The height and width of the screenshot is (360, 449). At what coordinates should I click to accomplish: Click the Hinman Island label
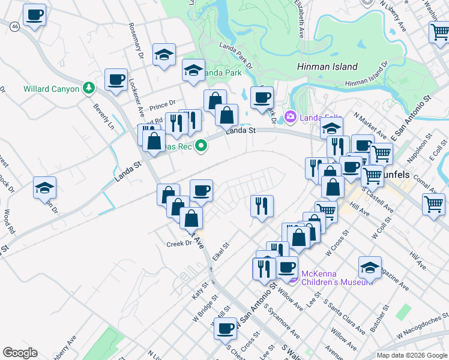point(327,67)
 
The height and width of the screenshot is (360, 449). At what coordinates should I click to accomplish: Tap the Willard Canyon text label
point(52,89)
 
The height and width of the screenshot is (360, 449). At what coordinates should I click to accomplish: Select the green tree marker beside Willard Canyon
point(89,88)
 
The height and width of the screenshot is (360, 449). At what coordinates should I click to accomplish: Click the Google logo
point(20,353)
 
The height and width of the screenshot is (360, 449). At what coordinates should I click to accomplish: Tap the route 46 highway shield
point(15,26)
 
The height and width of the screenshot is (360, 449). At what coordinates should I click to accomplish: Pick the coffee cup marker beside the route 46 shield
point(35,14)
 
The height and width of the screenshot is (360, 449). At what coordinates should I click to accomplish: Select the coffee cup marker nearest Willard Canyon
point(116,79)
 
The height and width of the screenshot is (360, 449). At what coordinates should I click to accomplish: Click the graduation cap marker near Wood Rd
point(44,188)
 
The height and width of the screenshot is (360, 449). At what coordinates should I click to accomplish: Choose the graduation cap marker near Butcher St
point(370,268)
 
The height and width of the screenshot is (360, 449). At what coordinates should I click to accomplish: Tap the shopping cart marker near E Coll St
point(433,204)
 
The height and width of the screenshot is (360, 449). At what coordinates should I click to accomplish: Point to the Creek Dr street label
point(179,244)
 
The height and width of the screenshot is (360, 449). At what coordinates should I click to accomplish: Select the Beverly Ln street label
point(103,118)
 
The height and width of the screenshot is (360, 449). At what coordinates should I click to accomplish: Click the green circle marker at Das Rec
point(202,145)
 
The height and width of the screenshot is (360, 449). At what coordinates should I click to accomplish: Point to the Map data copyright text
point(411,355)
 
